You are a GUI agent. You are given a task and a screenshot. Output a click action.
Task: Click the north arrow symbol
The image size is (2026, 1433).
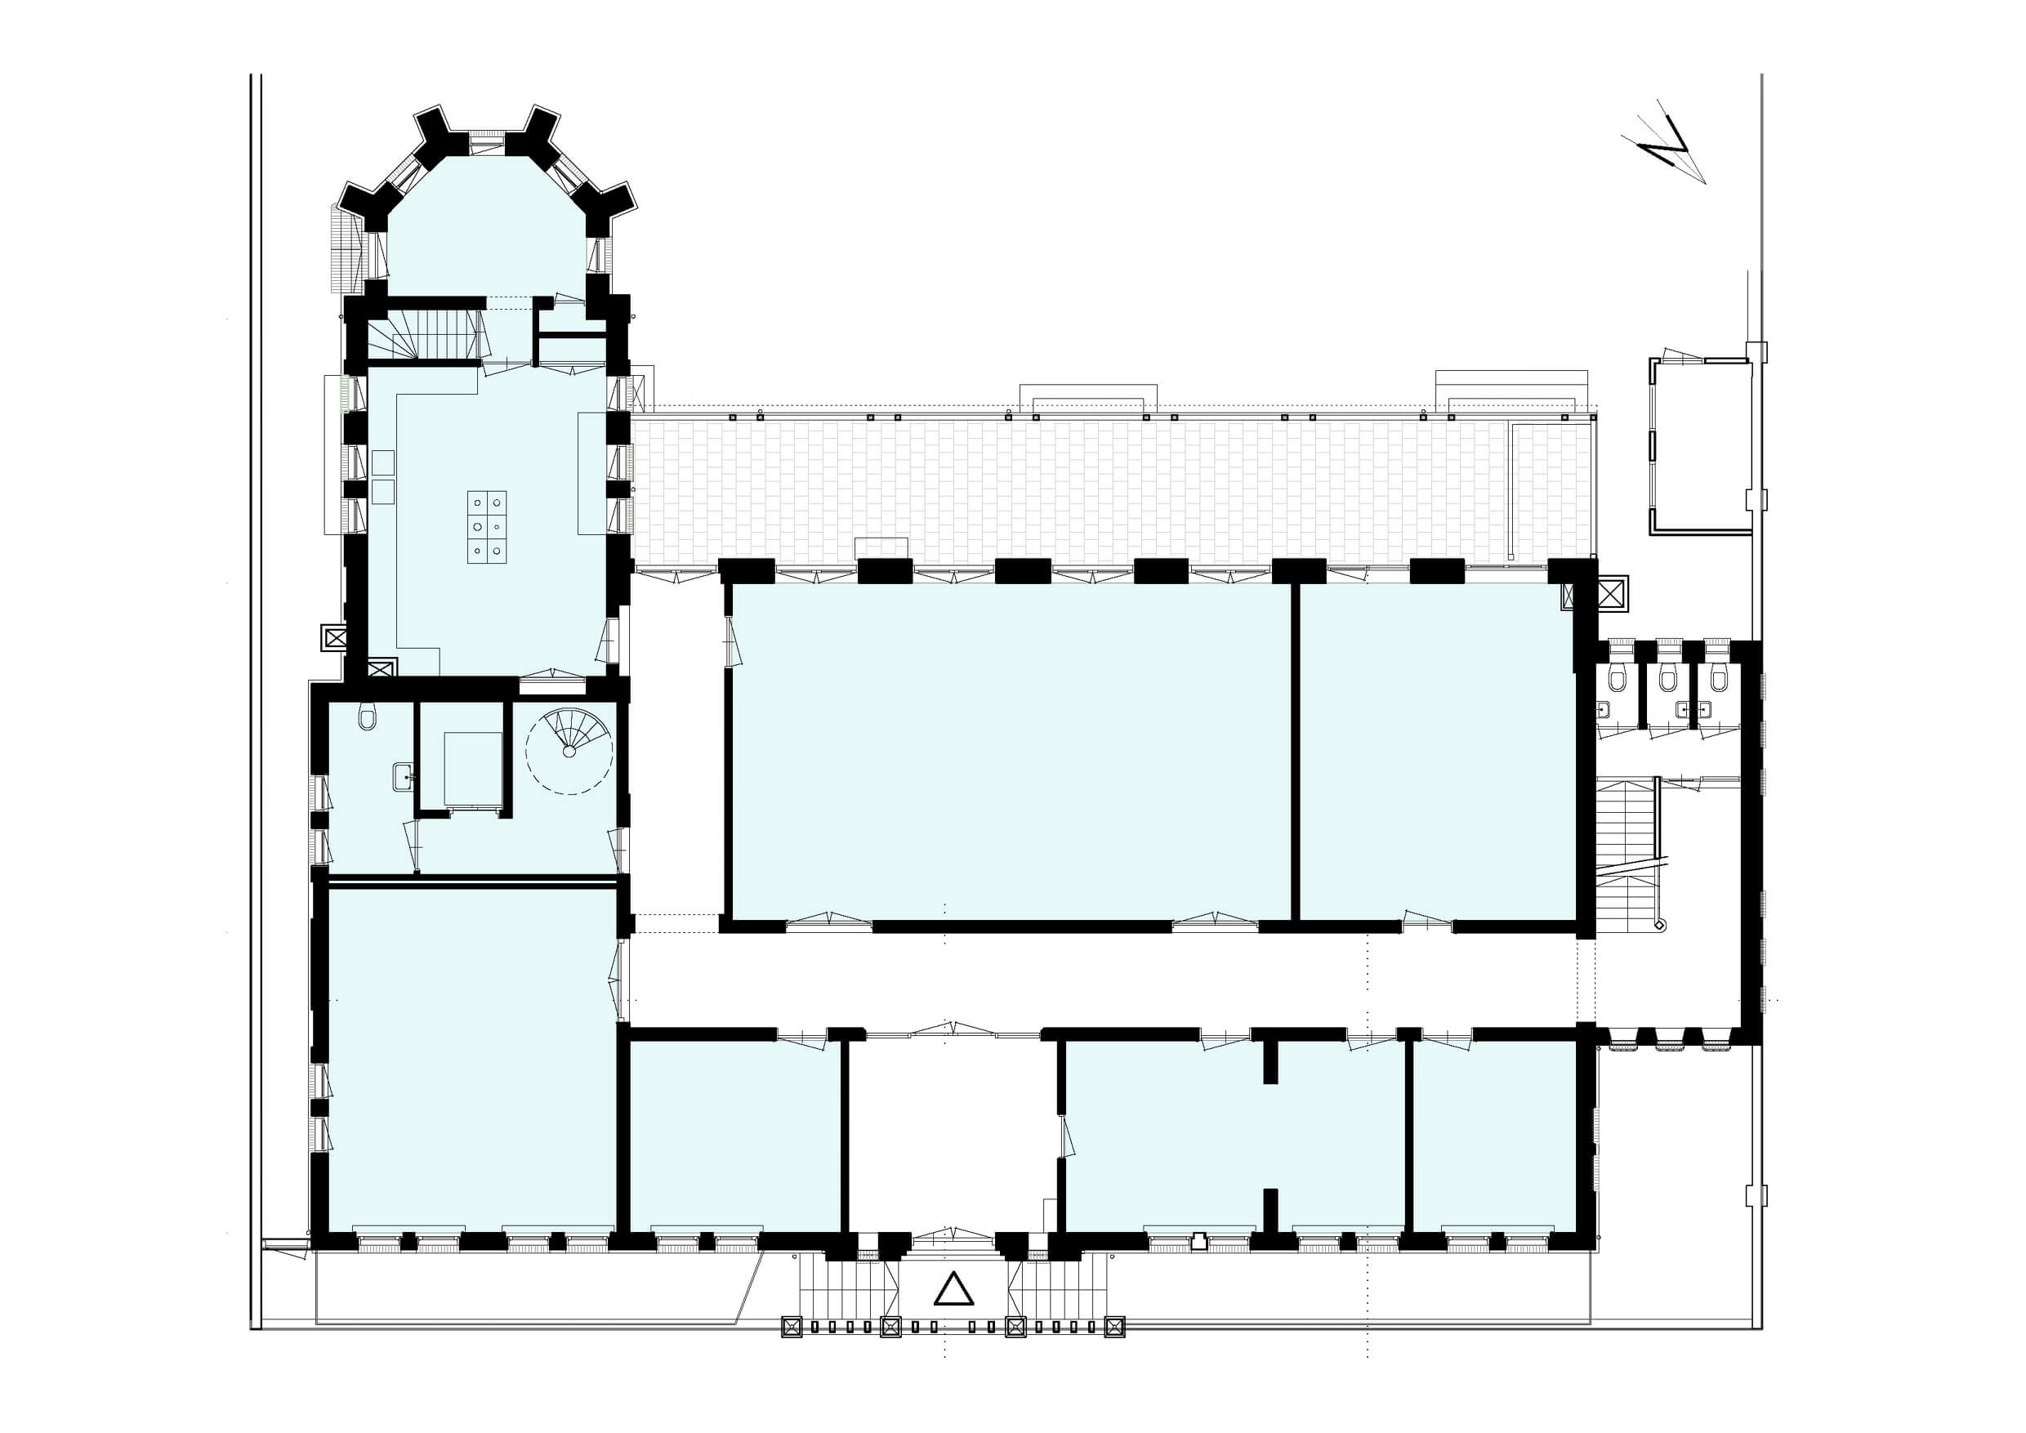tap(1665, 143)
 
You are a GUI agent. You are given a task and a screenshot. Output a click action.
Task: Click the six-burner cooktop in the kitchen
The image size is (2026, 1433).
tap(487, 527)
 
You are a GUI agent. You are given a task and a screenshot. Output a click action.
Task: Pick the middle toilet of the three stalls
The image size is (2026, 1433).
tap(1667, 679)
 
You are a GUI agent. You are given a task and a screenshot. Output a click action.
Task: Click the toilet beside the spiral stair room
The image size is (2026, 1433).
tap(368, 716)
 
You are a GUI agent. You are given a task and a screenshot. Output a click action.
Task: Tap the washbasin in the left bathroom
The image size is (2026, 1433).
tap(404, 776)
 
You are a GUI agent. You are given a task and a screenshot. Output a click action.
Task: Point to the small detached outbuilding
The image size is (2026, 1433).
tap(1699, 445)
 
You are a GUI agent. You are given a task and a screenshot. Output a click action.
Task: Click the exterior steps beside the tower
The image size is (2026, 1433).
tap(345, 248)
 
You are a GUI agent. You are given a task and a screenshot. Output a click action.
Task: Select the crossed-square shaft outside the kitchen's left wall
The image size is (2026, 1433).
tap(334, 638)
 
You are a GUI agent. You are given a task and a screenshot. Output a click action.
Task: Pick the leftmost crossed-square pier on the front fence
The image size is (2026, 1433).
tap(790, 1351)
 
